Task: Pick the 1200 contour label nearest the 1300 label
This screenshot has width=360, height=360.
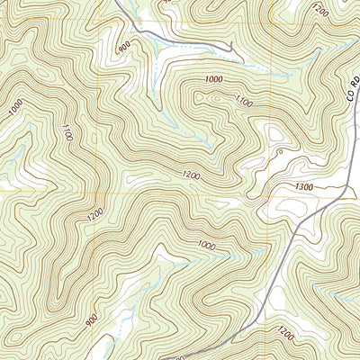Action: point(190,174)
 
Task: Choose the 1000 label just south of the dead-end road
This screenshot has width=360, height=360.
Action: point(212,80)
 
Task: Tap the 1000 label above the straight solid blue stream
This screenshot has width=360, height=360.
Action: point(206,245)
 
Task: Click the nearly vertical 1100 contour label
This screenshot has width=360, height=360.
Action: point(66,135)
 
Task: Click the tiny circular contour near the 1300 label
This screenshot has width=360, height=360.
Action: point(279,152)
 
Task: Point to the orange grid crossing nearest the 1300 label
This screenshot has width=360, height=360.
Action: point(269,191)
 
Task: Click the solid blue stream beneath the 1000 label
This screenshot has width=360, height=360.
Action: point(216,256)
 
